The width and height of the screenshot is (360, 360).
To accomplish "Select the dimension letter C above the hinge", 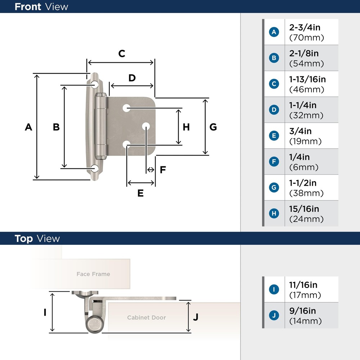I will tap(122, 54).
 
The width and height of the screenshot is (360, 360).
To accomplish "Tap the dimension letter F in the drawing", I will tap(163, 170).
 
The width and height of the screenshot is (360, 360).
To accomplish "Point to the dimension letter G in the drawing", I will tap(213, 127).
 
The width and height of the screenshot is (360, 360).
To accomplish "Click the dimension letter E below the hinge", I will tap(140, 193).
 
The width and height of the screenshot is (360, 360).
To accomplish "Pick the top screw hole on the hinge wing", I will tap(95, 85).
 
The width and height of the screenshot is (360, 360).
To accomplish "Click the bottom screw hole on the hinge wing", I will tap(95, 168).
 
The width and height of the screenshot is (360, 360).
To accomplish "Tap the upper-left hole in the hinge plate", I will tap(126, 108).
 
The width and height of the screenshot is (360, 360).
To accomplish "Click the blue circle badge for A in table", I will tap(274, 32).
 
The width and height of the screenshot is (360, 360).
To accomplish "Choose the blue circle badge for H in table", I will tap(274, 213).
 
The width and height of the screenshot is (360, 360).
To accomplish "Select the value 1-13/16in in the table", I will tap(307, 79).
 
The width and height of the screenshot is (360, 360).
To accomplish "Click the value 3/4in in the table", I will tap(300, 131).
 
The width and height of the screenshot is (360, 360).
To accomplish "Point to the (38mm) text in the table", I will tap(306, 193).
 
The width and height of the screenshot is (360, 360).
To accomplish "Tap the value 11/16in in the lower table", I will tap(303, 285).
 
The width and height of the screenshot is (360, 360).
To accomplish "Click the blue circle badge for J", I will tap(274, 316).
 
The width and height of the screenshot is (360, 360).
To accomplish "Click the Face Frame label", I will tap(93, 274).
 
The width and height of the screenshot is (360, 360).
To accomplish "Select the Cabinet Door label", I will tap(147, 318).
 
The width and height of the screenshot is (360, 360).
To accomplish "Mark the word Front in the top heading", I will tap(28, 6).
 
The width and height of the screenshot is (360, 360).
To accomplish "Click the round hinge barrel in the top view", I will tap(94, 323).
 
